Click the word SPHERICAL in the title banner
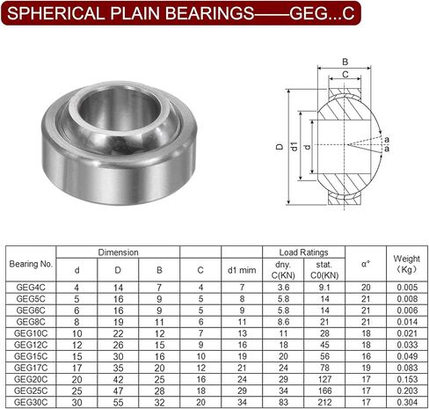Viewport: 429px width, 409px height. pos(55,13)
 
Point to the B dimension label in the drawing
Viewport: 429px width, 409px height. pos(345,62)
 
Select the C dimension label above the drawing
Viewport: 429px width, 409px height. pos(345,75)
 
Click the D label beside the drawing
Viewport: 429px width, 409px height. pos(280,147)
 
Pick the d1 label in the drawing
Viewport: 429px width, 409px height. pos(294,146)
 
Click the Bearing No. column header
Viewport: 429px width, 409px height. pos(31,264)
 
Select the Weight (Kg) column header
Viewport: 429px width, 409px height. pos(407,264)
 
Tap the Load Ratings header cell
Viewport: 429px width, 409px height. pos(303,252)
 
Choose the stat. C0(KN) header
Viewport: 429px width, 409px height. pos(324,270)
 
